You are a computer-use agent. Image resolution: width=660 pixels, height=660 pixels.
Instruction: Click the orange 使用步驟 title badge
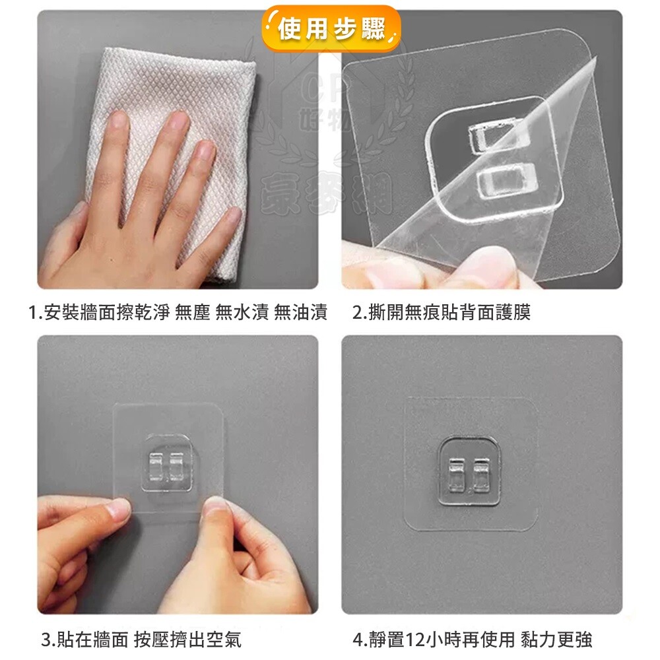(331, 28)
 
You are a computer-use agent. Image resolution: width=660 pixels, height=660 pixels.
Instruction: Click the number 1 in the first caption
(32, 312)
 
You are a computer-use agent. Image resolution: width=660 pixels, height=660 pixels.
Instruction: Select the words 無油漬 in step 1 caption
(300, 312)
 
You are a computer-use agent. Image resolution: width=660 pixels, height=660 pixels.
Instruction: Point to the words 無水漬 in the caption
(242, 312)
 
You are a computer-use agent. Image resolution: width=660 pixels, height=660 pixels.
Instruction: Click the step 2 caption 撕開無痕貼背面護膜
(442, 312)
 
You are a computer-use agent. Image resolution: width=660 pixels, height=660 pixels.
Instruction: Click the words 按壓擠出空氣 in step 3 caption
(187, 640)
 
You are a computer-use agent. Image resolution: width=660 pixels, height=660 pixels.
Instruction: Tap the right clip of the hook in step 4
(481, 476)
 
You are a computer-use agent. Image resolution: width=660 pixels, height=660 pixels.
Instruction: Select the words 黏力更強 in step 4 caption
(556, 640)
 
